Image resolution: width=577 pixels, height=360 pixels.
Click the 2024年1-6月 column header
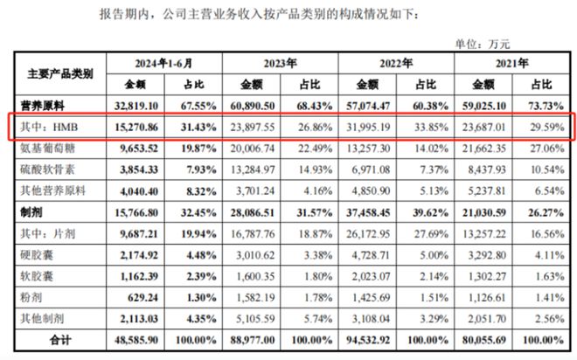point(163,64)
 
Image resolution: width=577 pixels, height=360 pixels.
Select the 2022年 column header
point(396,64)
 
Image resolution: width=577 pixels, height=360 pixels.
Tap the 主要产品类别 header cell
point(60,74)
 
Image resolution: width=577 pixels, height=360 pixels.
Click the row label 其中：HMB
point(49,127)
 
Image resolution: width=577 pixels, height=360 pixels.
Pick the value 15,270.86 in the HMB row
point(136,128)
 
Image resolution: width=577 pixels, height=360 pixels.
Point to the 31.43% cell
point(198,128)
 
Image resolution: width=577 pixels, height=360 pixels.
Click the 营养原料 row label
point(42,106)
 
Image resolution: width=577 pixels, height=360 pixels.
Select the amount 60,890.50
point(253,106)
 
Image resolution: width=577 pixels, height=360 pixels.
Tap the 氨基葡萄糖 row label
point(47,149)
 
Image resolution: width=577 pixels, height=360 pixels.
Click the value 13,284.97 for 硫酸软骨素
point(253,170)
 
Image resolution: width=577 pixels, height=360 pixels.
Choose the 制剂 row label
point(31,212)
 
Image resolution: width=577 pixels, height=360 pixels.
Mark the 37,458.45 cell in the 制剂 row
point(368,212)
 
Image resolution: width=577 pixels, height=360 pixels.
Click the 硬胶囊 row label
point(37,255)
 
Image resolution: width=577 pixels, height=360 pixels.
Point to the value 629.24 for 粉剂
point(143,297)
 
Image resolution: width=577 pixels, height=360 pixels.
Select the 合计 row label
point(60,340)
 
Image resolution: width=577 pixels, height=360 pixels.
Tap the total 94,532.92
point(368,340)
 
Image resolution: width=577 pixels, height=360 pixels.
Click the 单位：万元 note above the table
point(483,45)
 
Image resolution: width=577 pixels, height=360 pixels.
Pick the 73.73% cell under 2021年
point(546,106)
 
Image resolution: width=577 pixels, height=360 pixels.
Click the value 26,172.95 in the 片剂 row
point(368,234)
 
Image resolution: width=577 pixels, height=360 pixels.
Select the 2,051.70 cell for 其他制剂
point(487,319)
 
